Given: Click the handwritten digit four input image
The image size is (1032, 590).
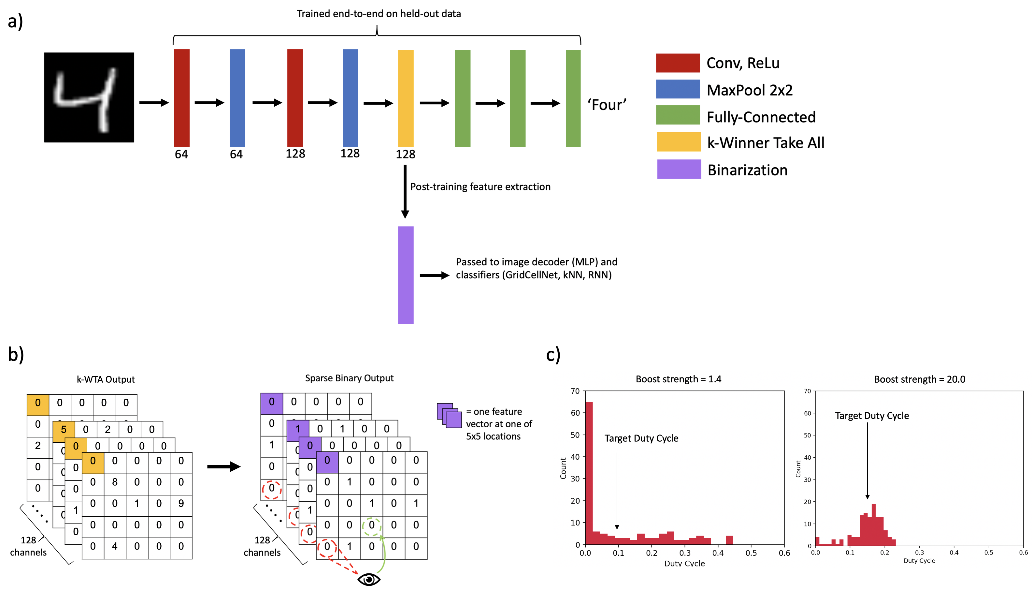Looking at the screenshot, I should click(x=89, y=97).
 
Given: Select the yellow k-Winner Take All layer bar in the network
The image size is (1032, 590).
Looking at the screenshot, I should click(x=405, y=98).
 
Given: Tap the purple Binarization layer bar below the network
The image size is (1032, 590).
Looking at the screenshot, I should click(x=405, y=275).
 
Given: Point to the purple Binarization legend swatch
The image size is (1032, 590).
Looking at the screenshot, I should click(x=679, y=169).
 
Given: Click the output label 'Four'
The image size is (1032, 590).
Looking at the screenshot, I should click(x=607, y=105).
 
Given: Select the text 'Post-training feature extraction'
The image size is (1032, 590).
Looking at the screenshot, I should click(x=480, y=187).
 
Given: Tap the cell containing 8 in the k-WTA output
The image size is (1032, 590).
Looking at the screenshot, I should click(x=115, y=482).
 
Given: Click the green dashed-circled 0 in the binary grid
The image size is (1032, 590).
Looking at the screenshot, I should click(x=371, y=525).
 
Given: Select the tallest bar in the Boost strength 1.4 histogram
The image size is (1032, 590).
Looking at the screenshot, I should click(x=589, y=472).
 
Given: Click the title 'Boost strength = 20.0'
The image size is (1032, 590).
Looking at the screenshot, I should click(x=919, y=379).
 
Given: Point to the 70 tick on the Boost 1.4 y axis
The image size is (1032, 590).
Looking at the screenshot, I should click(x=575, y=391).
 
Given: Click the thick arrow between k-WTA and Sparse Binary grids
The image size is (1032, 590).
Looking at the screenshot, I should click(x=223, y=466).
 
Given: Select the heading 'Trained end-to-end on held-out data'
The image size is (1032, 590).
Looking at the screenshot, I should click(x=379, y=14).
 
